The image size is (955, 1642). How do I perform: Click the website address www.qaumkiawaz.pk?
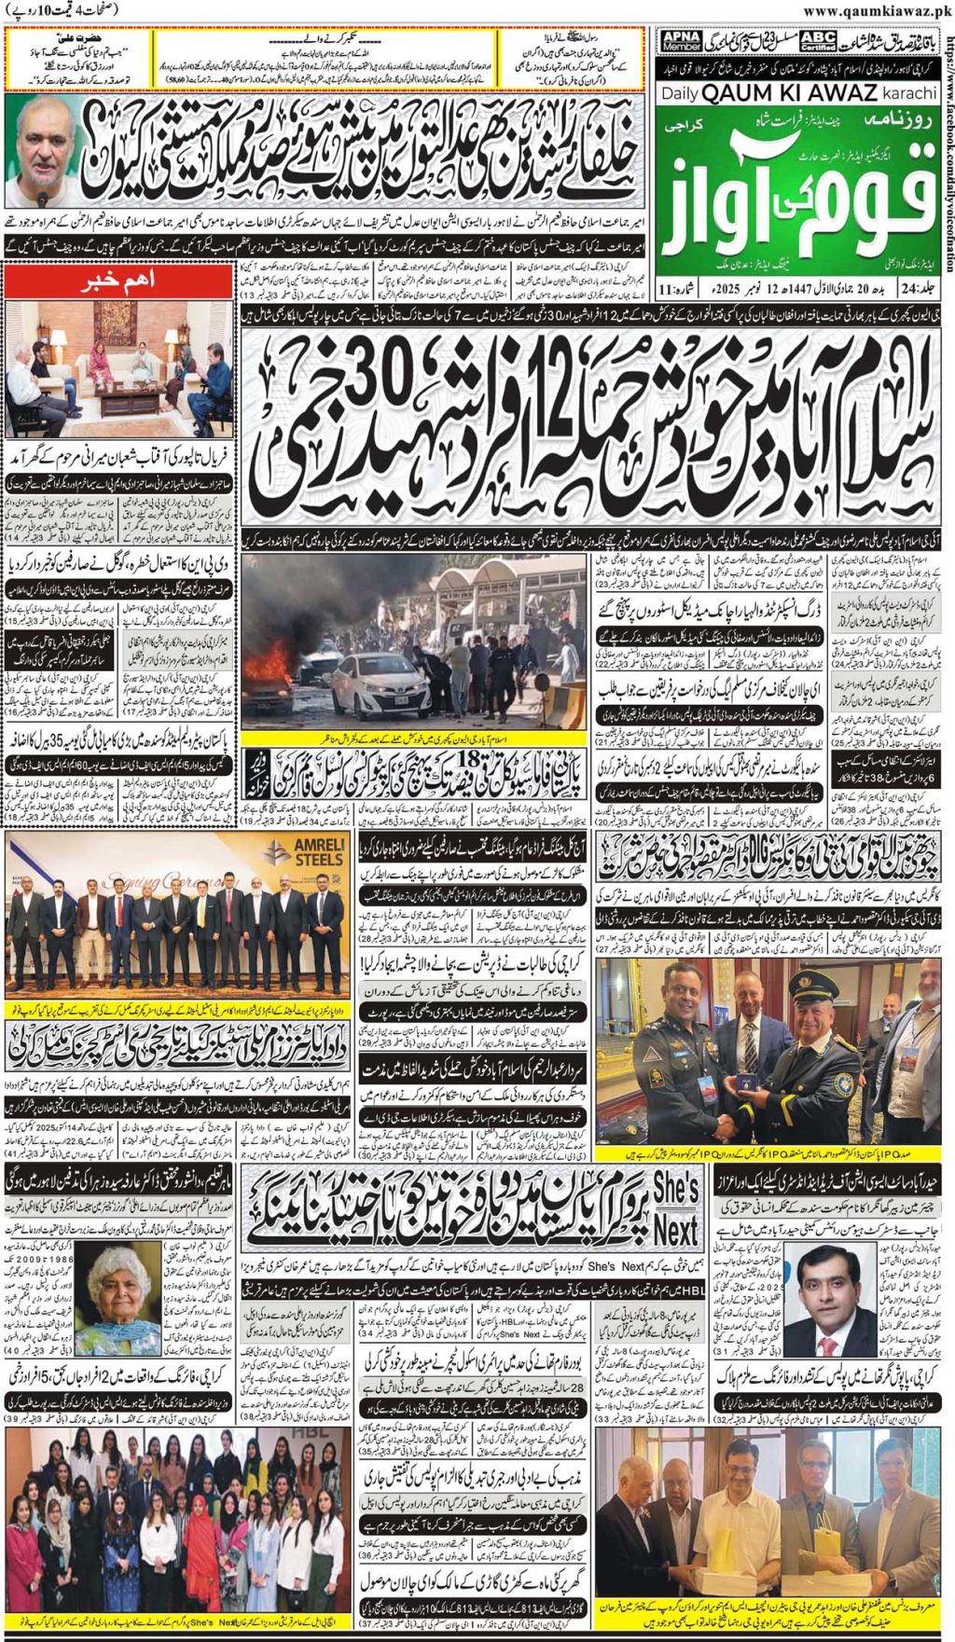pos(877,11)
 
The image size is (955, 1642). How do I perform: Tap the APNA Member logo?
pos(681,41)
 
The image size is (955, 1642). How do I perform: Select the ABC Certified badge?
pos(817,41)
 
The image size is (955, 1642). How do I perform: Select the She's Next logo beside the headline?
pos(675,1208)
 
